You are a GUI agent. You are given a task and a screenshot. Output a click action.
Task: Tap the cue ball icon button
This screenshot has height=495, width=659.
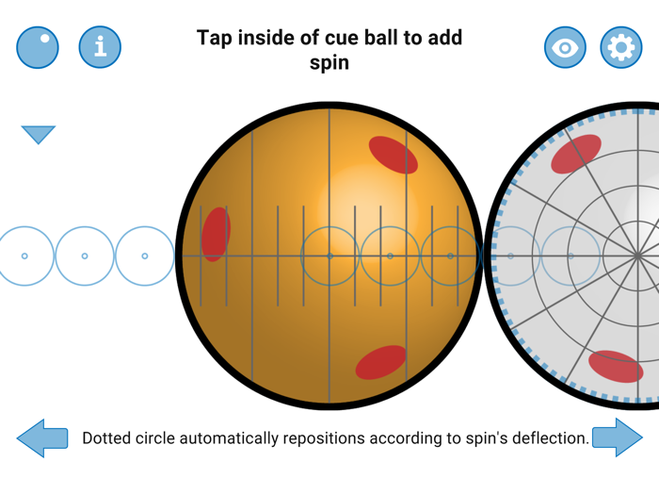coord(38,47)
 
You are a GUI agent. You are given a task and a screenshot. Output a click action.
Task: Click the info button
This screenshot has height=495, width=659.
coord(100,47)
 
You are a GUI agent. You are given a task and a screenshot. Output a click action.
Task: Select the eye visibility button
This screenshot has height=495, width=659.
coord(565,47)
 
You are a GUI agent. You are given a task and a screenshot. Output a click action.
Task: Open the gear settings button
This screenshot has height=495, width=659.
coord(620,47)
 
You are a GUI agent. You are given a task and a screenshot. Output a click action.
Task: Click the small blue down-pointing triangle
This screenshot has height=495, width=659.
coord(39,135)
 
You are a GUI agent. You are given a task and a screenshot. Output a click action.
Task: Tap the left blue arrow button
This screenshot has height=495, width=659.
coord(42,438)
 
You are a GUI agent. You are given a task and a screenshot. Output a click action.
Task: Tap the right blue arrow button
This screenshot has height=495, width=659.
coord(618,438)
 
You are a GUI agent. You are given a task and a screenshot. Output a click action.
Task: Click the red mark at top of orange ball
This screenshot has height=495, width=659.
coord(393,155)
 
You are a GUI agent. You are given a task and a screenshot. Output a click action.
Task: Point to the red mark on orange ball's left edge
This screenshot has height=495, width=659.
coord(216,234)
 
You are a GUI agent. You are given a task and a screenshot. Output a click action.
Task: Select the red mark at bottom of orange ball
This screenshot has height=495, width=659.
coord(381,362)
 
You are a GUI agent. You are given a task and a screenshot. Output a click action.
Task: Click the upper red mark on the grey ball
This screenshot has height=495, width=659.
coord(576,154)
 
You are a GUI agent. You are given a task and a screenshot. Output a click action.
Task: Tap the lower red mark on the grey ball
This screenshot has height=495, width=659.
coord(616,367)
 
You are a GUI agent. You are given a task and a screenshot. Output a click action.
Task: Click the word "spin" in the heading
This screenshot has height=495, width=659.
coord(329,63)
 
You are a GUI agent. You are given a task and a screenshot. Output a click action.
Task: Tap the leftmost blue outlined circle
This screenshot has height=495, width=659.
coord(24,256)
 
